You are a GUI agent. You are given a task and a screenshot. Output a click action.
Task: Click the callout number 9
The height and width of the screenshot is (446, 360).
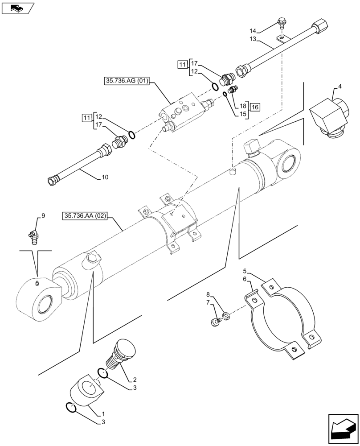(43, 216)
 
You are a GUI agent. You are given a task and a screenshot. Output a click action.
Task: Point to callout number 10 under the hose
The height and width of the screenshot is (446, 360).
(105, 178)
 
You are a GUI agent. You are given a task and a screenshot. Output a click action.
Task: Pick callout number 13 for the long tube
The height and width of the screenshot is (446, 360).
(253, 40)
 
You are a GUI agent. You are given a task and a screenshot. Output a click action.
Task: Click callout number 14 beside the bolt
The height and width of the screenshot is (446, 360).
(253, 31)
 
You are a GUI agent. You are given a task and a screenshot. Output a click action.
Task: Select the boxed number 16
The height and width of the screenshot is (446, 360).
(254, 107)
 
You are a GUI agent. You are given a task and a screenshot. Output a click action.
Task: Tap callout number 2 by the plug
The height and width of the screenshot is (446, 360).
(134, 380)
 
